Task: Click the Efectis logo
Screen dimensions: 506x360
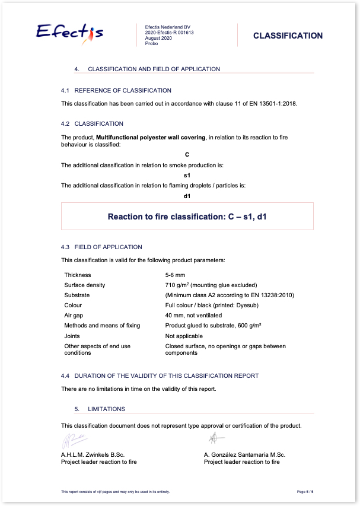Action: click(70, 32)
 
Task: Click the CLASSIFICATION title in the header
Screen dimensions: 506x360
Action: click(288, 36)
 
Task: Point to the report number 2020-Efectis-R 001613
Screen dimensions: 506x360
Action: click(169, 33)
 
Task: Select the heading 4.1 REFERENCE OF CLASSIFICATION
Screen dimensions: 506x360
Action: click(116, 91)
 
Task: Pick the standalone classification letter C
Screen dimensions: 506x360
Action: click(187, 155)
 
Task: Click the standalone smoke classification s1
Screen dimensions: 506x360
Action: click(187, 176)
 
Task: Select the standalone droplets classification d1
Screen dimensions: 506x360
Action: click(187, 196)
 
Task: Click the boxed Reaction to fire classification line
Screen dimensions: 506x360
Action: click(187, 217)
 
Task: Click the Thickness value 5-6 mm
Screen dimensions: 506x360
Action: click(176, 275)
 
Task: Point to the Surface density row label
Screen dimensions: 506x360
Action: click(85, 285)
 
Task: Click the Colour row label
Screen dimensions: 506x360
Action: click(74, 305)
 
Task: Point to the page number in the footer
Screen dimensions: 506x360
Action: click(308, 492)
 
